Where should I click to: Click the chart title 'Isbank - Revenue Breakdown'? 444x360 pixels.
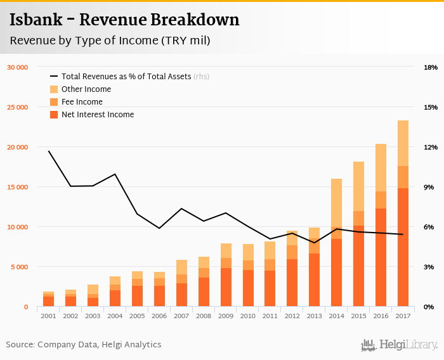[124, 20]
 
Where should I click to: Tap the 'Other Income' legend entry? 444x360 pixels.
[86, 89]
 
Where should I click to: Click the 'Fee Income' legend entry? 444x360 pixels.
[82, 102]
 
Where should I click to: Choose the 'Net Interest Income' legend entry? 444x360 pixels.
[97, 115]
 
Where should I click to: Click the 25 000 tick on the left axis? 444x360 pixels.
[18, 107]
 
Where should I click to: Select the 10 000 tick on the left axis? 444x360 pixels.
[18, 227]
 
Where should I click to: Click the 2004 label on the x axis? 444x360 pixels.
[115, 316]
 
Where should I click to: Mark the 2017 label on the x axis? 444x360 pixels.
[403, 316]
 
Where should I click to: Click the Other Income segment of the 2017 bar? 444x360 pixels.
[403, 143]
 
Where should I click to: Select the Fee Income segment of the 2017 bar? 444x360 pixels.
[403, 177]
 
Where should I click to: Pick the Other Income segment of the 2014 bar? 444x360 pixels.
[336, 203]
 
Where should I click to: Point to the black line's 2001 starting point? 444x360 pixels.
[49, 151]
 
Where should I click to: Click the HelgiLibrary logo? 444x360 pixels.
[400, 345]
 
